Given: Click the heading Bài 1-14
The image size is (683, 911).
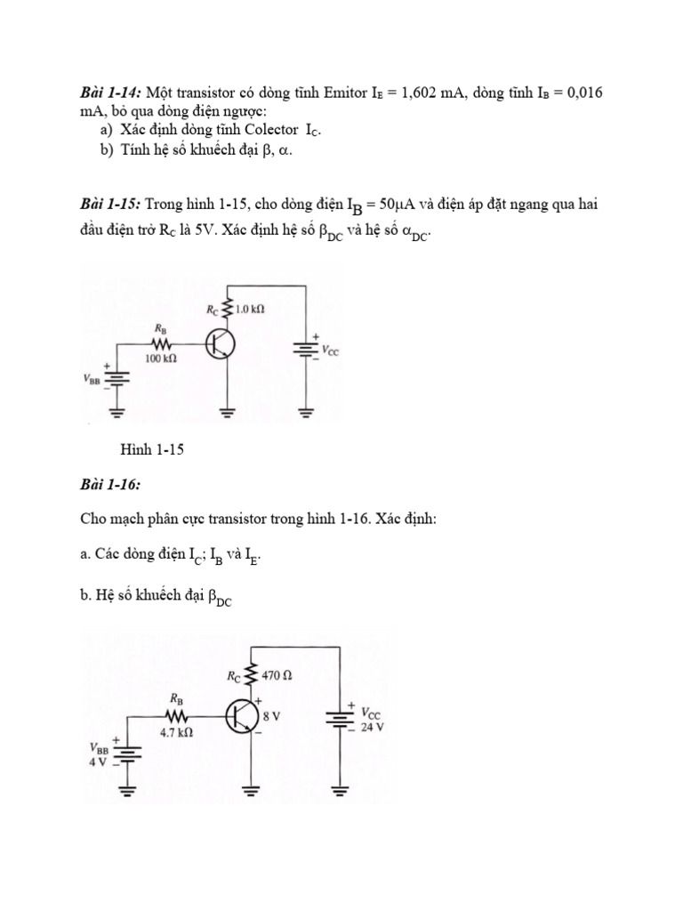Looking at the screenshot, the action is click(110, 94).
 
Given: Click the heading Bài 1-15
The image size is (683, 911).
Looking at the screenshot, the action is click(110, 206).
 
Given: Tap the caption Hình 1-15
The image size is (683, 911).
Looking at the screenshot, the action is click(151, 449).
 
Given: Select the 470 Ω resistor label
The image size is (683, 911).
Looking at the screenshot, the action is click(277, 676).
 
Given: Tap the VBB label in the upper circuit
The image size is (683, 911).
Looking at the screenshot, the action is click(93, 377).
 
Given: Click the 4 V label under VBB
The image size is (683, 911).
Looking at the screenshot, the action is click(96, 762).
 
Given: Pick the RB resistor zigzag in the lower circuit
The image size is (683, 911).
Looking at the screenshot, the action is click(176, 716).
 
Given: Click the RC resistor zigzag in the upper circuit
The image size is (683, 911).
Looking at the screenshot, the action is click(229, 308).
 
